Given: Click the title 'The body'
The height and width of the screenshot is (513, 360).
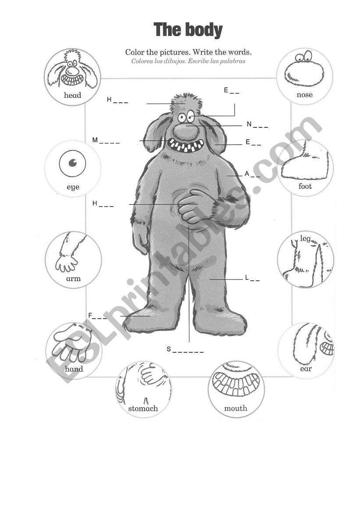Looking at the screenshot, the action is click(x=188, y=30).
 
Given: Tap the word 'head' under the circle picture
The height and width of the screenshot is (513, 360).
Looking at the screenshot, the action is click(x=72, y=95).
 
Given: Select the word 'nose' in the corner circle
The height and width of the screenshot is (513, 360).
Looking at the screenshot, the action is click(x=304, y=95).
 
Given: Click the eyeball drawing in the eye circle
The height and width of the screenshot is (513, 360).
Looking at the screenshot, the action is click(x=73, y=163).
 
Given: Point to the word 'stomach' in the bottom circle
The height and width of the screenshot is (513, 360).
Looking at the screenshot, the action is click(x=143, y=408).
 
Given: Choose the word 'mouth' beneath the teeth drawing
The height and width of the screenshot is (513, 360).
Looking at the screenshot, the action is click(x=235, y=408).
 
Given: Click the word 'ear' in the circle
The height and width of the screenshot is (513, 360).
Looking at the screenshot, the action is click(x=306, y=369).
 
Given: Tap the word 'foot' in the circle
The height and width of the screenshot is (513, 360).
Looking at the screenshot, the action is click(x=305, y=186).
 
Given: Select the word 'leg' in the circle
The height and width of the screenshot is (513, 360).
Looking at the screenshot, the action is click(x=305, y=238).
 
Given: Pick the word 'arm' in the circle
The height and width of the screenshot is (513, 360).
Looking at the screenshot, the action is click(x=73, y=279).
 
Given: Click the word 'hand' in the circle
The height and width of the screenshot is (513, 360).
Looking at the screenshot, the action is click(x=74, y=369).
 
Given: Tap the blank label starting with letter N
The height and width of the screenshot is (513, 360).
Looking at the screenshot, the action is click(x=257, y=125).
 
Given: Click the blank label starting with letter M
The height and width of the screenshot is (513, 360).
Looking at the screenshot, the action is click(x=106, y=140).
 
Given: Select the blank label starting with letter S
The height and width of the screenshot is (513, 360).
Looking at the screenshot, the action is click(x=185, y=349).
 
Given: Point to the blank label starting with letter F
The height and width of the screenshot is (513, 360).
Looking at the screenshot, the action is click(x=97, y=316).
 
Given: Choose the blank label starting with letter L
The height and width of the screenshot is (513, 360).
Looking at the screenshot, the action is click(x=253, y=278).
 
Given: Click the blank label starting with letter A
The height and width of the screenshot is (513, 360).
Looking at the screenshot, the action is click(x=253, y=174).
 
